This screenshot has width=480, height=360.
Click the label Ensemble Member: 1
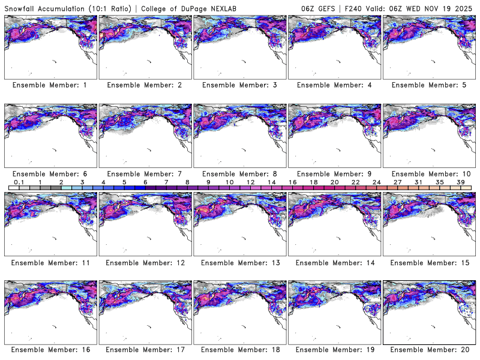50,85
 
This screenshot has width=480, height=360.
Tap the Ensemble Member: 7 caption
144,173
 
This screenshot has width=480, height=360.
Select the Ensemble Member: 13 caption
239,262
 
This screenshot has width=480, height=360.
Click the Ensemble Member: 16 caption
50,349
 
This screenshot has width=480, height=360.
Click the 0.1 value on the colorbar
19,182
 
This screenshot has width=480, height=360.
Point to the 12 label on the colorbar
250,182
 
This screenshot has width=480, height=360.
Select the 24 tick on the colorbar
376,182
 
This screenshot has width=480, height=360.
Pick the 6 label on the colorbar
145,182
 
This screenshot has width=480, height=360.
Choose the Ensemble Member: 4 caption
333,85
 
